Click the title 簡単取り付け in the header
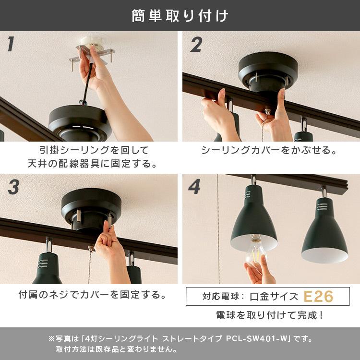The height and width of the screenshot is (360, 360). click(x=180, y=16)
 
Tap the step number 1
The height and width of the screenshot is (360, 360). click(x=11, y=44)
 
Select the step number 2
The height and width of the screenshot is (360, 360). click(x=196, y=45)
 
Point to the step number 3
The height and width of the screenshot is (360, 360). click(x=13, y=187)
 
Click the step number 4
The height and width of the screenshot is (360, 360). click(x=194, y=187)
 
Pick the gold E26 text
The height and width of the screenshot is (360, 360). click(x=318, y=297)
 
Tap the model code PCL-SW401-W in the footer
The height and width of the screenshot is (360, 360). click(x=257, y=339)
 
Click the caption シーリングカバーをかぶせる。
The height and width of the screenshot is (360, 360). click(x=269, y=150)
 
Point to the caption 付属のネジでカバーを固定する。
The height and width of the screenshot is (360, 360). click(x=92, y=295)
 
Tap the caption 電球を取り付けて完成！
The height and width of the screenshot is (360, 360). click(x=270, y=315)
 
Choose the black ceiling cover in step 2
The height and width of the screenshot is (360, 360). click(x=268, y=70)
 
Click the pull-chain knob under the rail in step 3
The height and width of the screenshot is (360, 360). click(x=91, y=249)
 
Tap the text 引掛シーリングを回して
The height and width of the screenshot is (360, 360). click(x=94, y=150)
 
